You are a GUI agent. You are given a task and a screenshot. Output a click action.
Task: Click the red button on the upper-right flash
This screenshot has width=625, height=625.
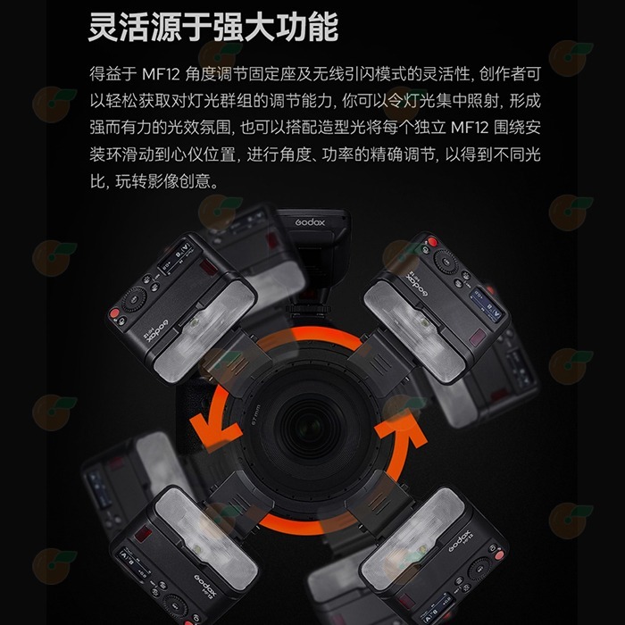(x=432, y=243)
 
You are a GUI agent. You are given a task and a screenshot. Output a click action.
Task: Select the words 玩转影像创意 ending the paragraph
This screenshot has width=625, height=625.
(x=168, y=180)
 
